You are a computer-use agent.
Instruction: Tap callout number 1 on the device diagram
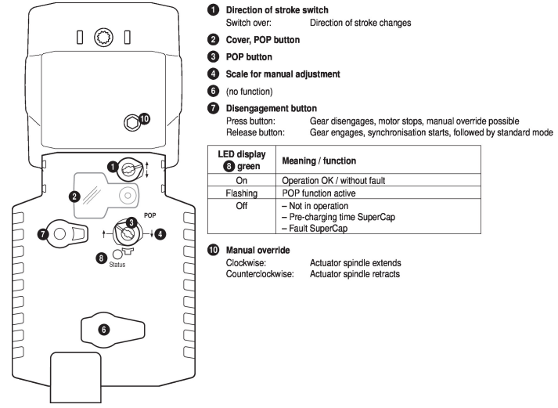pos(113,167)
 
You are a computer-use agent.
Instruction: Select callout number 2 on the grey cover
pos(74,195)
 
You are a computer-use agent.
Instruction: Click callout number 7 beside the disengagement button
pos(42,233)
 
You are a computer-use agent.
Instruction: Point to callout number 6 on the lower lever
pos(104,330)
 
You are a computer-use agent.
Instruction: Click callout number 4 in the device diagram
pos(160,233)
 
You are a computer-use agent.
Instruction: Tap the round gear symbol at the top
pos(103,38)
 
